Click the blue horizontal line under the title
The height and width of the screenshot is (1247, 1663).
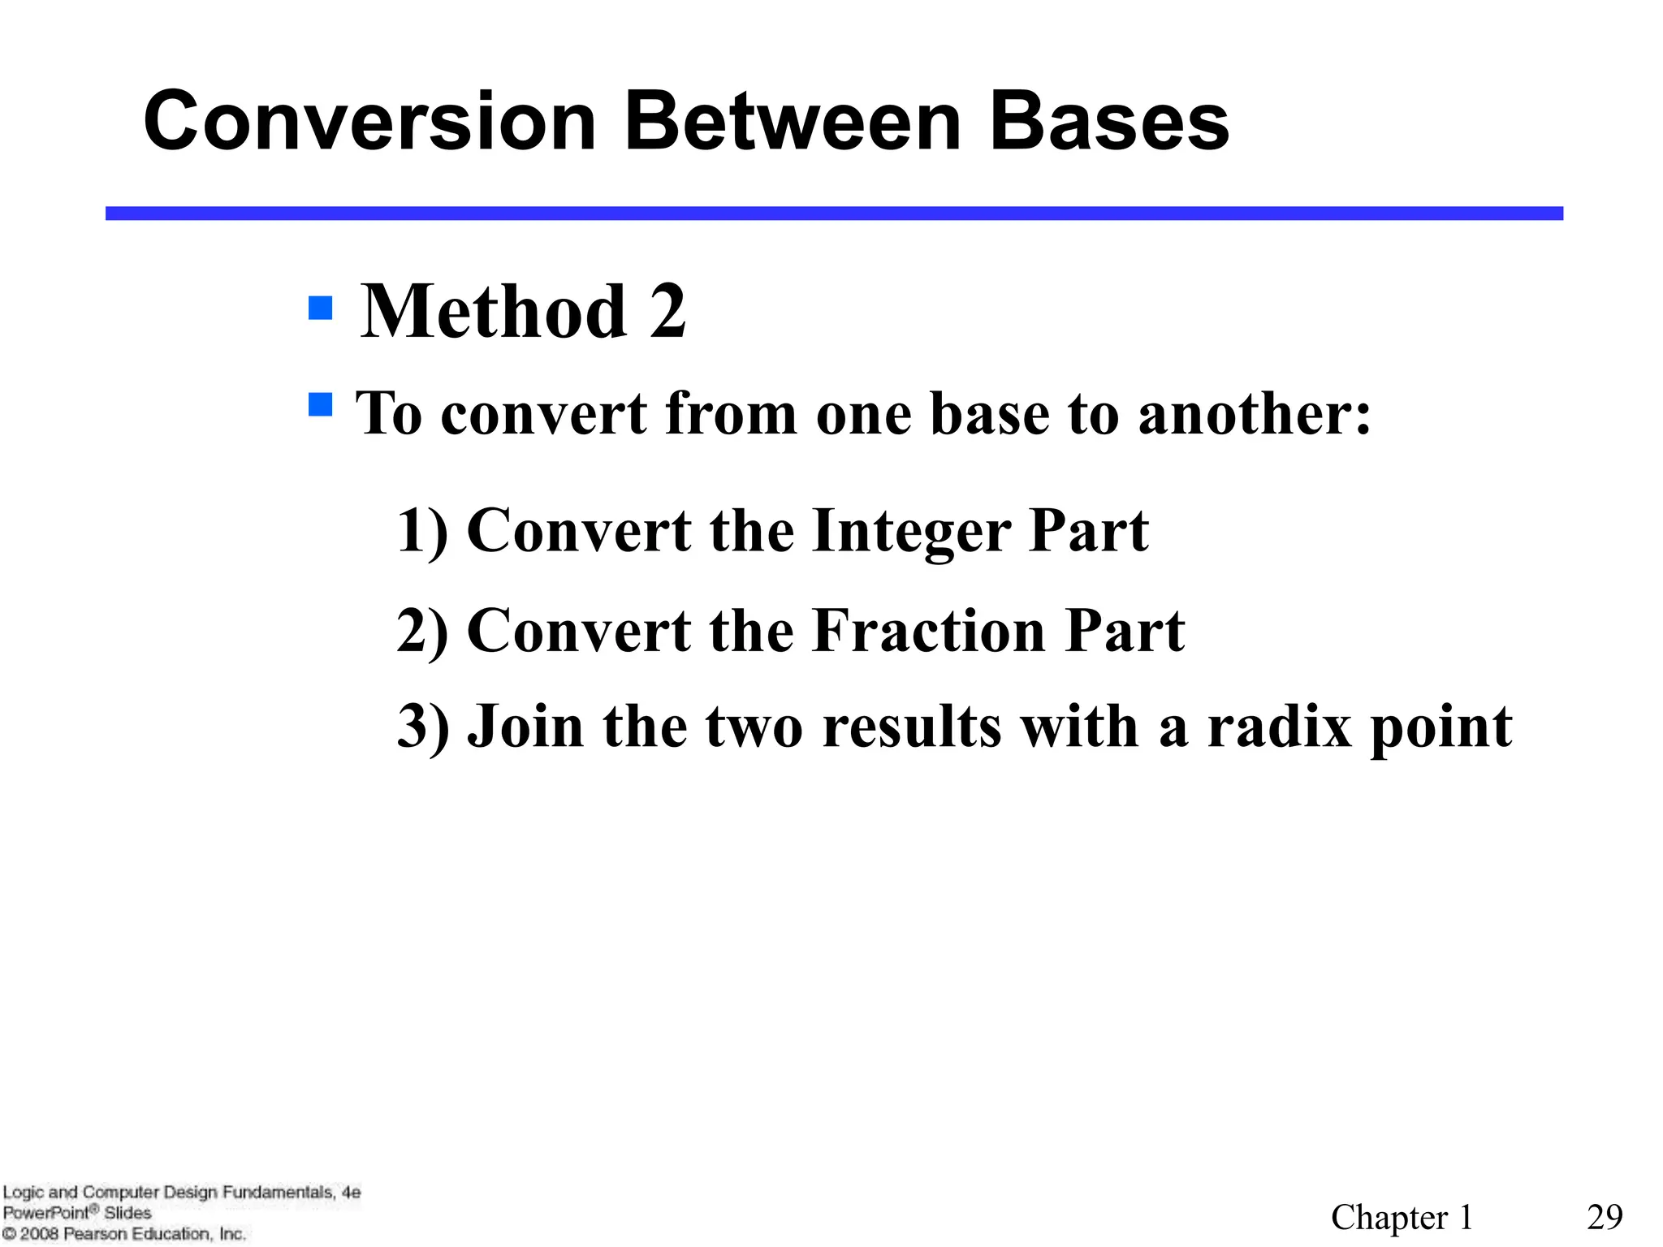tap(834, 214)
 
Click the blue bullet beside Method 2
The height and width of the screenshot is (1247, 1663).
tap(321, 309)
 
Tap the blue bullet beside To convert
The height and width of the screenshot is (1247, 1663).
tap(321, 404)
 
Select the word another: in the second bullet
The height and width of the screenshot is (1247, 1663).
tap(1255, 414)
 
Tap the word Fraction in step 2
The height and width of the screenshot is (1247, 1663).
tap(929, 631)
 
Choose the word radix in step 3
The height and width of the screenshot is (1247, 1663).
tap(1280, 726)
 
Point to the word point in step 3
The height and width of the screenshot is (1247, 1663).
tap(1441, 727)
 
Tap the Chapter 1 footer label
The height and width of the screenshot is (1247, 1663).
tap(1402, 1217)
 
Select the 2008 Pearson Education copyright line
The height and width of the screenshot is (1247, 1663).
tap(123, 1234)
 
